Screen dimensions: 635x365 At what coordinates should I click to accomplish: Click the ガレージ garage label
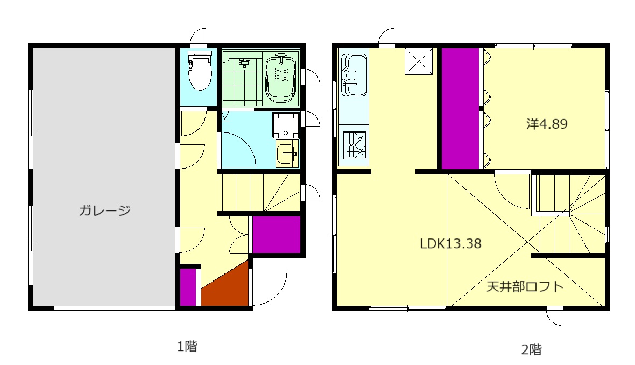point(104,210)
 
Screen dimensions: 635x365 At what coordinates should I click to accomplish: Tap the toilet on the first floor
point(200,71)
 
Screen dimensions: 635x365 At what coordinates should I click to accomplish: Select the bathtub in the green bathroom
point(281,77)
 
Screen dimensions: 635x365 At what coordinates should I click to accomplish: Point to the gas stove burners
point(355,145)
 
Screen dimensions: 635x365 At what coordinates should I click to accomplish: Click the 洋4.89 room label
point(547,124)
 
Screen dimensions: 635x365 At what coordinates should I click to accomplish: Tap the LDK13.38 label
point(450,243)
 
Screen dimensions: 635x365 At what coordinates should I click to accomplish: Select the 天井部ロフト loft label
point(525,287)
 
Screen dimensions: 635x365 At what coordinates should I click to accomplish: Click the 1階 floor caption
point(187,346)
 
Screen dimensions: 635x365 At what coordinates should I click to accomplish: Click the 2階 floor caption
point(531,349)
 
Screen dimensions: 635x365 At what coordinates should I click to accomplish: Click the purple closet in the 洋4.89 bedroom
point(460,109)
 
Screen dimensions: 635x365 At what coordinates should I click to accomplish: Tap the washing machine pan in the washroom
point(286,125)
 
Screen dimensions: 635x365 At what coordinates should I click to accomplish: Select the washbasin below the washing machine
point(287,153)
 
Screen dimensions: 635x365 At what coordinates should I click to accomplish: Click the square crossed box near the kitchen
point(419,61)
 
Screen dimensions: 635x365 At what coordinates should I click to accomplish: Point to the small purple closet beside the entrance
point(188,287)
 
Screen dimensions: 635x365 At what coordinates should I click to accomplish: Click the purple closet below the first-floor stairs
point(277,235)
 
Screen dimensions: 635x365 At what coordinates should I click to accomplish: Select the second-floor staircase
point(571,214)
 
